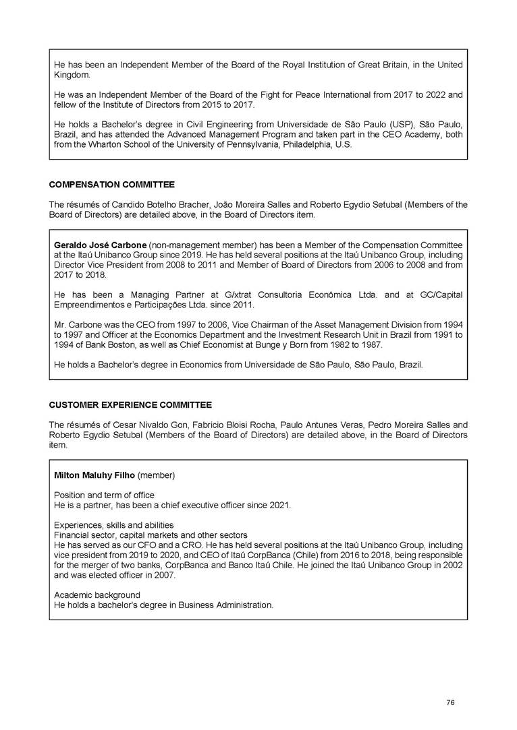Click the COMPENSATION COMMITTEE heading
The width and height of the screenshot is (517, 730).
(x=112, y=184)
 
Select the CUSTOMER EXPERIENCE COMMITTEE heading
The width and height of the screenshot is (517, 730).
(x=130, y=404)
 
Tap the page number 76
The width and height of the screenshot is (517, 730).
(x=450, y=703)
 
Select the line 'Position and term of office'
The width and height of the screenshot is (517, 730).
(x=104, y=495)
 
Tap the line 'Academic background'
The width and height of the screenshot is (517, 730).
(x=97, y=595)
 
